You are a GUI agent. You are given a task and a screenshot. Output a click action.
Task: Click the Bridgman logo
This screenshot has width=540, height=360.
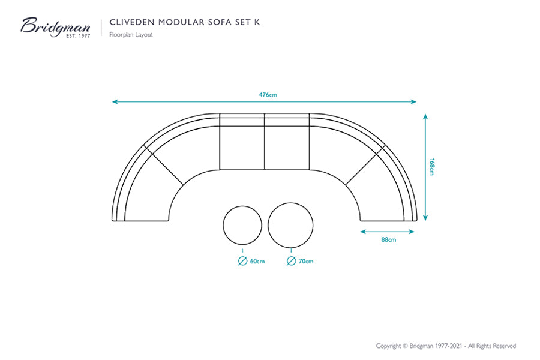tap(55, 27)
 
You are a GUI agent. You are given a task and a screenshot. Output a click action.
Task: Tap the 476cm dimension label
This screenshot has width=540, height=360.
tap(268, 95)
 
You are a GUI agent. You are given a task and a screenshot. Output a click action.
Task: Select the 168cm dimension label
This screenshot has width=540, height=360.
tap(432, 167)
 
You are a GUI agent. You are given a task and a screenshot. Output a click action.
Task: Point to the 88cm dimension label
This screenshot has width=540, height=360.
tap(388, 240)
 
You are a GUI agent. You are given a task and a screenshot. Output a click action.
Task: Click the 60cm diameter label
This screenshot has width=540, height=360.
tap(257, 261)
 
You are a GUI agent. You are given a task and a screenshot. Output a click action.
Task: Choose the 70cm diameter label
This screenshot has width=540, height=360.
tap(306, 261)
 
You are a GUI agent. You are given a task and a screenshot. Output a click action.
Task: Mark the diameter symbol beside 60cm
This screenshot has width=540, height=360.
tap(243, 261)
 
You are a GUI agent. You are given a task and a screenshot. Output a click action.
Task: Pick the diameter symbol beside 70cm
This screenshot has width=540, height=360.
tap(292, 261)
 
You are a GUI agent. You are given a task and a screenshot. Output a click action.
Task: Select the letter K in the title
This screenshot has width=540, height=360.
tap(257, 22)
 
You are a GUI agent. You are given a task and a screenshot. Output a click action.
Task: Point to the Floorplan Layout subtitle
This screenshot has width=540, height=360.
tap(131, 34)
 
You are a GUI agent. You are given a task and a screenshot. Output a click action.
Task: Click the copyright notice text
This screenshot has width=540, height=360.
tap(446, 346)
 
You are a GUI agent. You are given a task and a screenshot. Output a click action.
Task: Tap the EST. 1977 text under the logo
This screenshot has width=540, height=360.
tap(78, 36)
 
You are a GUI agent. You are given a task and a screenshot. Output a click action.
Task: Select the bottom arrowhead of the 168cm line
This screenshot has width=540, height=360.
tap(425, 218)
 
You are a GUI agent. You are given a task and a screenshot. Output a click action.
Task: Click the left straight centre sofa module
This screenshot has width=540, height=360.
tap(242, 142)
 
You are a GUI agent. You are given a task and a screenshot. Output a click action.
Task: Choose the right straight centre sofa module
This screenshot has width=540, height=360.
tap(287, 142)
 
